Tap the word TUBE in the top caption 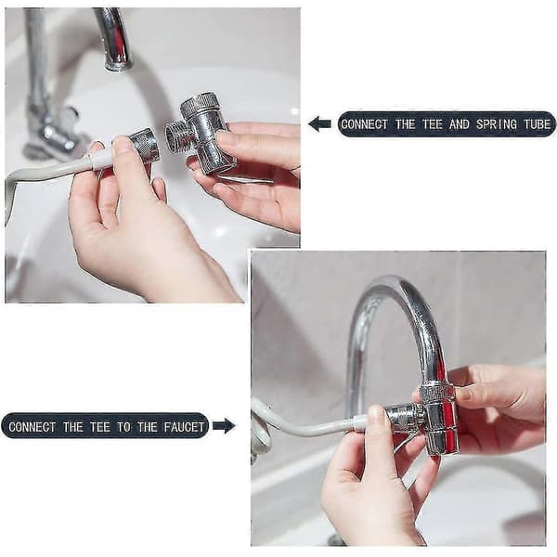538,124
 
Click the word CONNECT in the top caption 365,124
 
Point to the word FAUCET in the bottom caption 184,427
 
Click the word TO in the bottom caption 123,427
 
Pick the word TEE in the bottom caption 100,427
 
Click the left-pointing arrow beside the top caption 319,124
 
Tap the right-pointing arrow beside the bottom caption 224,425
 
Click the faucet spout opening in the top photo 118,66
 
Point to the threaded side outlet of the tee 177,135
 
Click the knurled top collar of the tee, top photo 199,104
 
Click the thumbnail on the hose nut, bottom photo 377,413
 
